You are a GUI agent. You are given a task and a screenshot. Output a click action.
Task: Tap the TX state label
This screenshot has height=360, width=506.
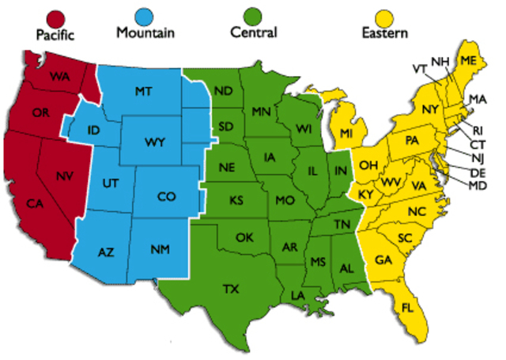tap(231, 289)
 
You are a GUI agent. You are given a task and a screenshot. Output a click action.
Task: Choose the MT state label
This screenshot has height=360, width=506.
tap(143, 92)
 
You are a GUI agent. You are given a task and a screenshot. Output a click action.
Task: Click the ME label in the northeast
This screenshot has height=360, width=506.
tap(469, 61)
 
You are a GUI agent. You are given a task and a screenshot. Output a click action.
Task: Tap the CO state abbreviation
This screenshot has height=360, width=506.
tap(166, 195)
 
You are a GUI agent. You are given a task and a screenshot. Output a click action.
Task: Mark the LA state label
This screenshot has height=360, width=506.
tap(298, 296)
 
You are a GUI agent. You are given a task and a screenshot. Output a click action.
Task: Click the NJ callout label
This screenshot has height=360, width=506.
tap(478, 158)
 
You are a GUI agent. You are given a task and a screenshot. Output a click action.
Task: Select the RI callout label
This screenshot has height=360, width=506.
tap(478, 131)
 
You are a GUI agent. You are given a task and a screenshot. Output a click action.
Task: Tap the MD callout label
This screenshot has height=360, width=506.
tap(478, 186)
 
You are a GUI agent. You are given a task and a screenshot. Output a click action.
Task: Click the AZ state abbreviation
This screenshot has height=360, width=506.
tap(106, 252)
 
